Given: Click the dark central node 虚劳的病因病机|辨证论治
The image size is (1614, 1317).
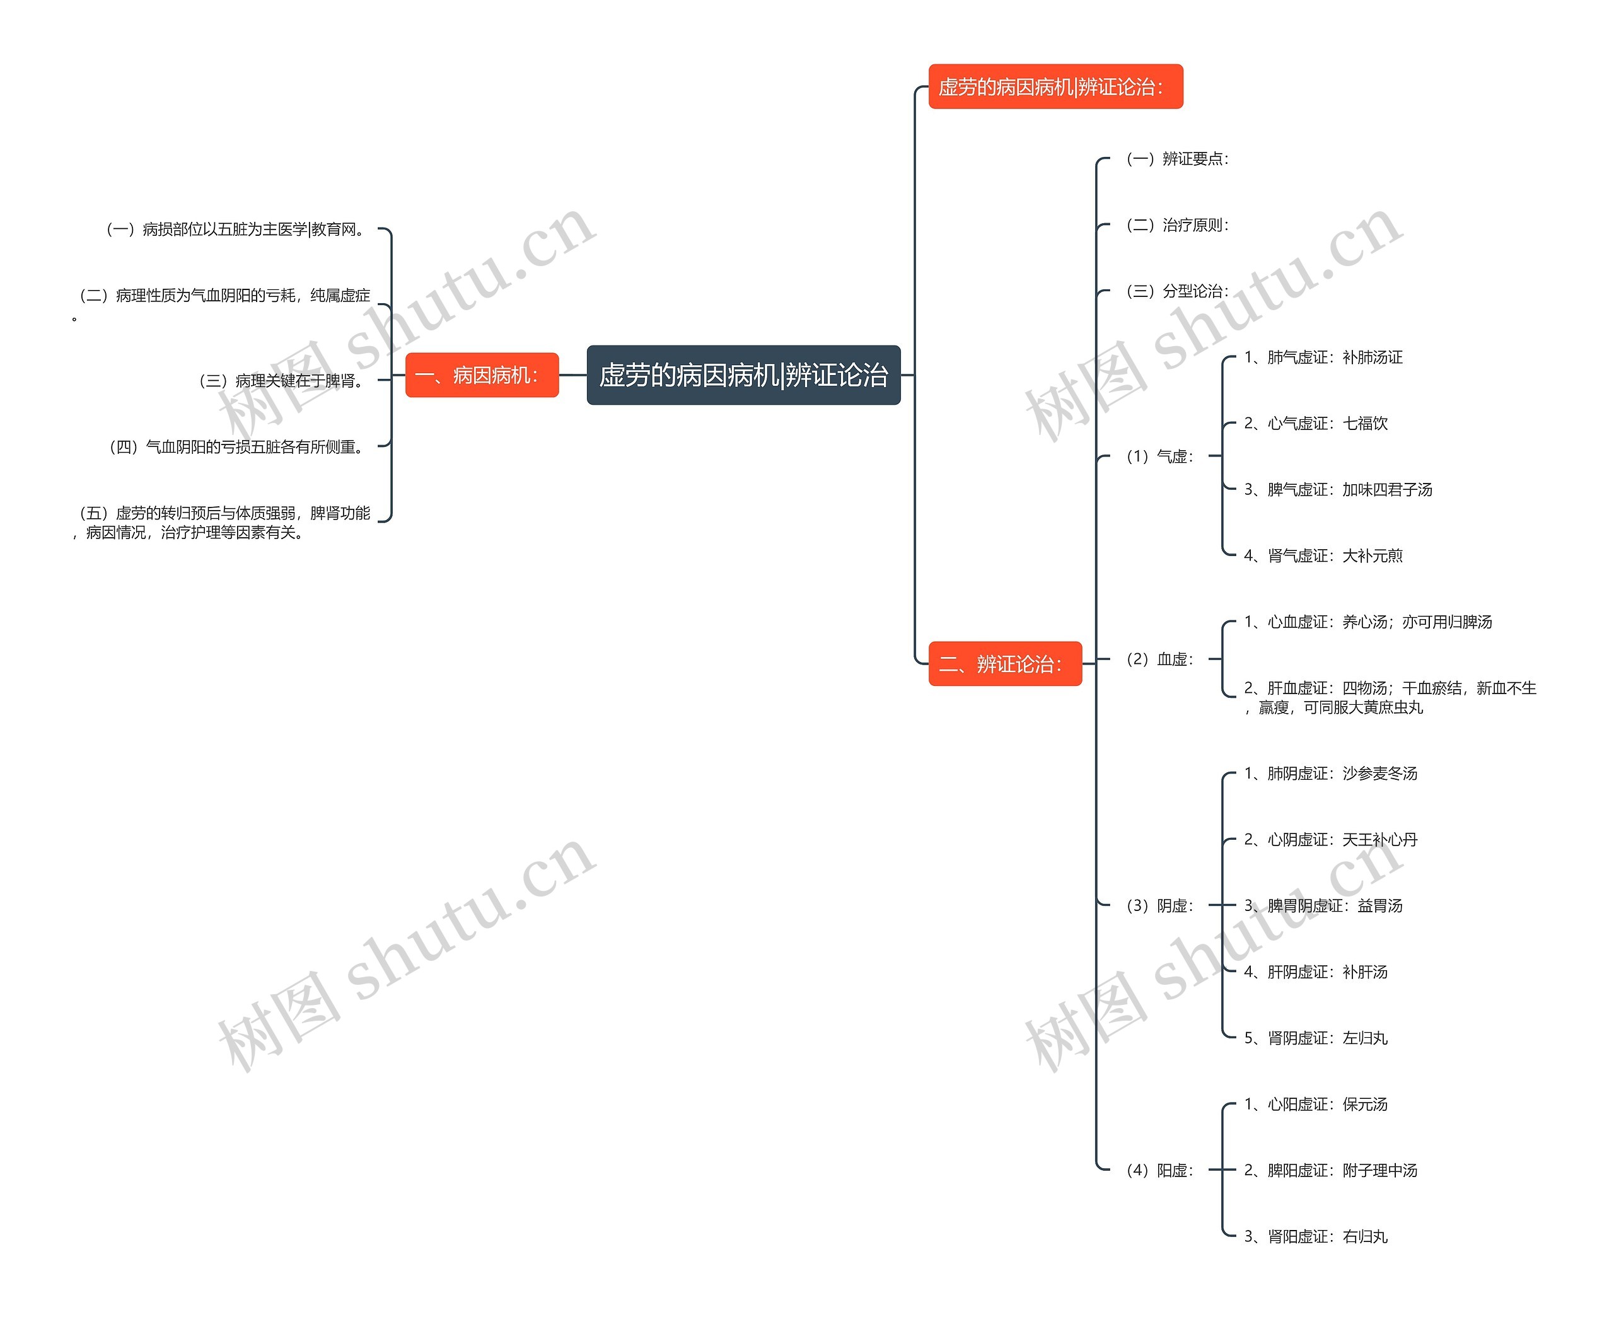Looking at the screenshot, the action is click(743, 374).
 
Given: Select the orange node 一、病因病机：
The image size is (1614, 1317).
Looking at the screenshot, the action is click(482, 374).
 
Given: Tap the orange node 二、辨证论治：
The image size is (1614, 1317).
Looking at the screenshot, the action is click(1005, 664).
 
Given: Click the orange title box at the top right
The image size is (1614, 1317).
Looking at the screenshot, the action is click(1056, 86).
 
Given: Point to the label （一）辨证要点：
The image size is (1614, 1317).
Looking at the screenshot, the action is click(1176, 158).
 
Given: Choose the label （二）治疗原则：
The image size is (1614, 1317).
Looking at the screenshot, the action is click(1176, 225).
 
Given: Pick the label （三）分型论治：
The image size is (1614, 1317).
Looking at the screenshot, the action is click(1176, 291).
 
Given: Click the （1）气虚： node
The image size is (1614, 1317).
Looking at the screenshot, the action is click(1159, 456).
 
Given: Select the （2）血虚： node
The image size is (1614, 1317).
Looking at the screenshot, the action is click(1159, 659).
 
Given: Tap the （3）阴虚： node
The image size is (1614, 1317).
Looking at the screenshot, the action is click(1159, 906).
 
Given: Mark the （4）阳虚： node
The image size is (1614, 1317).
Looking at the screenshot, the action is click(1159, 1171).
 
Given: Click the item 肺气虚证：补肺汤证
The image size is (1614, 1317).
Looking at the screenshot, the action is click(1323, 357).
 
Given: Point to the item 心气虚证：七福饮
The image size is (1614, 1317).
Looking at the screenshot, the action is click(1315, 423).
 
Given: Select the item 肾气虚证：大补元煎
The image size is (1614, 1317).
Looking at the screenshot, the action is click(1323, 556).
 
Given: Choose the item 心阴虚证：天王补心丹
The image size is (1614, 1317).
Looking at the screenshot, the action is click(1330, 840).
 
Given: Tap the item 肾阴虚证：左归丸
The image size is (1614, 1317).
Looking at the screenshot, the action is click(1315, 1038).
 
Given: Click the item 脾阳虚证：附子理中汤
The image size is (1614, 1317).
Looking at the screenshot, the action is click(1330, 1171).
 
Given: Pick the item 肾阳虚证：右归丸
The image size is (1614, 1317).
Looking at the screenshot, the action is click(1315, 1236).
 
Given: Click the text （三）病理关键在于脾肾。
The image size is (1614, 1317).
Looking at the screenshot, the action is click(282, 381).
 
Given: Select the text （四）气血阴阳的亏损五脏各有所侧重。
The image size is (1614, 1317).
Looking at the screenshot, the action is click(238, 447).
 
